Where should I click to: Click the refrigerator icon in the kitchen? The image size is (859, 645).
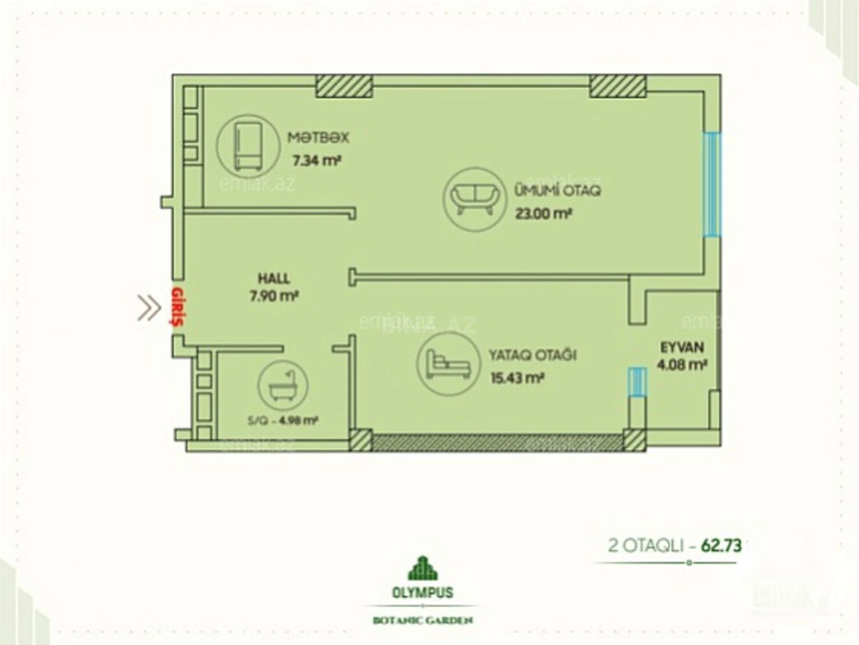point(248,146)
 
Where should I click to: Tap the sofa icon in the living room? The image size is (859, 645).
point(473,199)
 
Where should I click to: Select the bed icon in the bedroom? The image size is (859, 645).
point(448,364)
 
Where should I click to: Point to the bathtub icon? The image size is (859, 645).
point(283,386)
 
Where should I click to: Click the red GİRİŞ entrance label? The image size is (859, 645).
point(177,306)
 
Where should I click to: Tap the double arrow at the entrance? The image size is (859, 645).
point(149,308)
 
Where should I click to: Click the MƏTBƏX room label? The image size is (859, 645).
point(318,138)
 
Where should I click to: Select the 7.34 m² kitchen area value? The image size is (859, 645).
point(317,161)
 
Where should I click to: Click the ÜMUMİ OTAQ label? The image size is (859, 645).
point(557,190)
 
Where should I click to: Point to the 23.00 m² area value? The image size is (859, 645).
point(543,214)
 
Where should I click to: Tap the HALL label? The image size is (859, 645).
point(274,278)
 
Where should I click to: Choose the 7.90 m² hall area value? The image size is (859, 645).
point(274,297)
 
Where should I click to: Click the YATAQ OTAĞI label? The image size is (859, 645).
point(532,355)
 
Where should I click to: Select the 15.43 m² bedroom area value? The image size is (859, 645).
point(517,378)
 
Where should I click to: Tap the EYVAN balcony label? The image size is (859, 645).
point(682,347)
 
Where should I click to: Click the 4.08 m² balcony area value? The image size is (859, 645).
point(682,365)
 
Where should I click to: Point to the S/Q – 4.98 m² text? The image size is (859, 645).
point(283,421)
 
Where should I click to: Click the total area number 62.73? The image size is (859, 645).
point(721,546)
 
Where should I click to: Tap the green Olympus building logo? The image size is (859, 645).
point(422,568)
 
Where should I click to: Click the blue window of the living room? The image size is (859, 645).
point(712,184)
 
